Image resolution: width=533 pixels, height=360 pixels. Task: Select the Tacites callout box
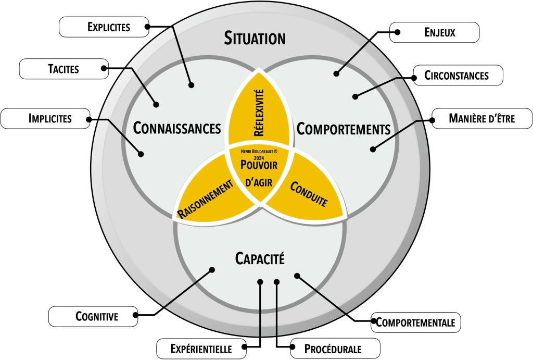pyautogui.click(x=64, y=69)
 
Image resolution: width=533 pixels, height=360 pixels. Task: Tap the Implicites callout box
pyautogui.click(x=44, y=119)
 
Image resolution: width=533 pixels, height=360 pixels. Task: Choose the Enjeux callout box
pyautogui.click(x=435, y=33)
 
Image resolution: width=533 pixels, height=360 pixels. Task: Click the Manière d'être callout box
pyautogui.click(x=481, y=119)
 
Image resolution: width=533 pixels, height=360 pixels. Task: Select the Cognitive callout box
pyautogui.click(x=93, y=316)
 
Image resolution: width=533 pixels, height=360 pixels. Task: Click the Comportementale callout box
pyautogui.click(x=415, y=322)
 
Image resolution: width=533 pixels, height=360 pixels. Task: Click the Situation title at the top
pyautogui.click(x=255, y=38)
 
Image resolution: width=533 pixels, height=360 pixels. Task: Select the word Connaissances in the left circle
pyautogui.click(x=177, y=128)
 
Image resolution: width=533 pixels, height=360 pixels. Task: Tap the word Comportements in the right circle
pyautogui.click(x=343, y=128)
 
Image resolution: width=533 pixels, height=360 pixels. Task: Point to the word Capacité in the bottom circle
pyautogui.click(x=260, y=257)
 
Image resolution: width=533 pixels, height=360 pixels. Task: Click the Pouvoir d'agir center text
pyautogui.click(x=258, y=172)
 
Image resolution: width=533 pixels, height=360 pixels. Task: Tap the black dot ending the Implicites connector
pyautogui.click(x=141, y=154)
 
